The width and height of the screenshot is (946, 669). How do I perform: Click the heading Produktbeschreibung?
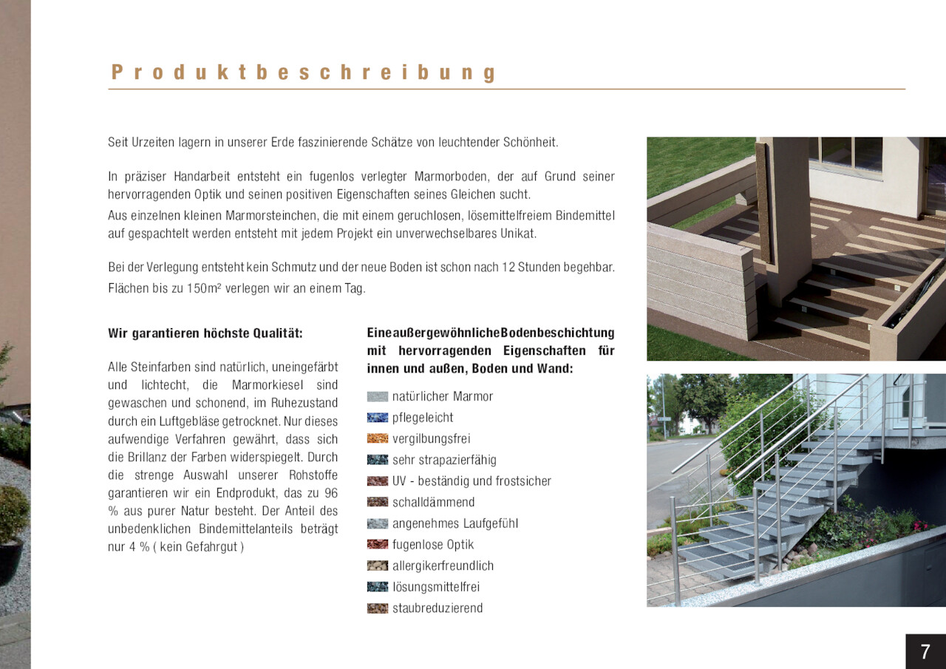pos(304,72)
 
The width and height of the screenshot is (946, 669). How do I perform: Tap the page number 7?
pos(925,652)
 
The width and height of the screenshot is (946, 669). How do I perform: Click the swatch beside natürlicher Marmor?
pos(377,397)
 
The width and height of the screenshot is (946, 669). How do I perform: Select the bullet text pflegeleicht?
pos(423,418)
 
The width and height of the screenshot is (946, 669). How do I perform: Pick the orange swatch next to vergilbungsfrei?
pos(377,439)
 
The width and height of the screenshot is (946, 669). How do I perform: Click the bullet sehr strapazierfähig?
pos(444,460)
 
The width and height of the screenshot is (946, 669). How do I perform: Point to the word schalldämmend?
pos(433,503)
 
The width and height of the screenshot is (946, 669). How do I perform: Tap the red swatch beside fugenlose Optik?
pos(377,545)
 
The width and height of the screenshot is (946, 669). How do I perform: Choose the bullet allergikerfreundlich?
pos(443,566)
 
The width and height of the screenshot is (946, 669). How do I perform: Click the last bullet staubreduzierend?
pos(438,608)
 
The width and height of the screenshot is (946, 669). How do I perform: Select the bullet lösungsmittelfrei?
pos(436,587)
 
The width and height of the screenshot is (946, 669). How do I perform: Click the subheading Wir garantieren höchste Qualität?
pos(205,333)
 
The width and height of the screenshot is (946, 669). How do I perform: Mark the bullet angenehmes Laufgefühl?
pos(455,523)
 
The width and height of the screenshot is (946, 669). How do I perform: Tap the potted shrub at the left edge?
pos(13,517)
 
